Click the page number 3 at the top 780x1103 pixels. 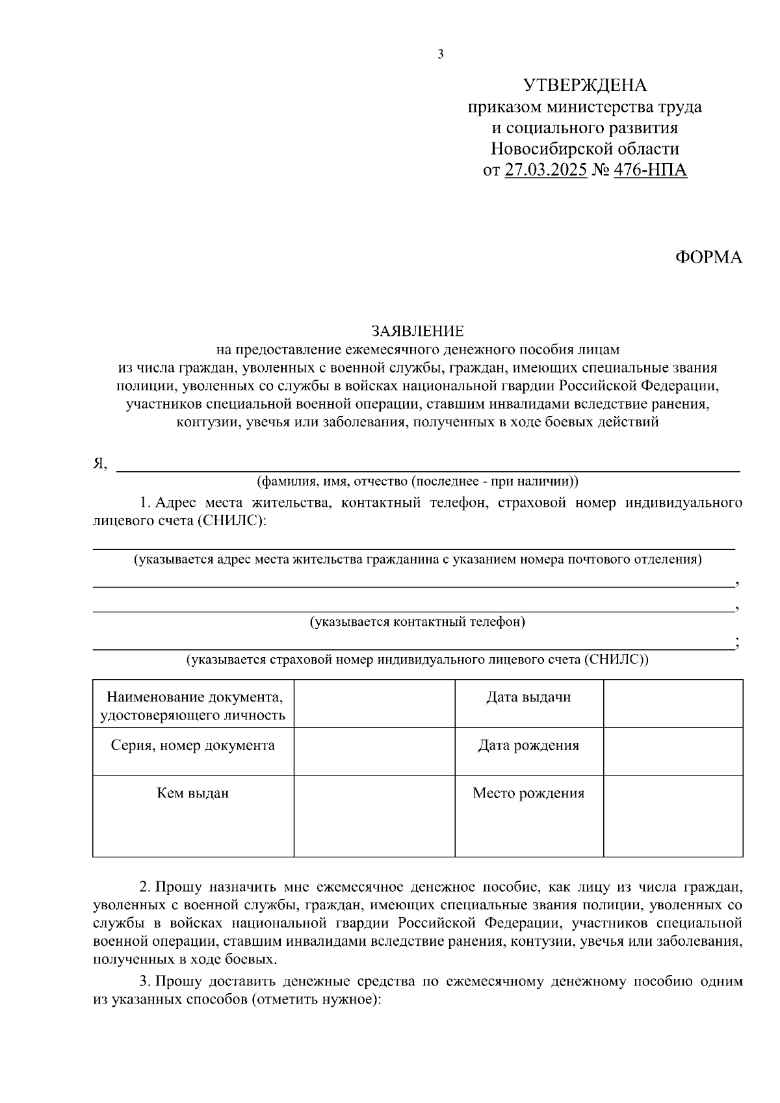[x=441, y=55]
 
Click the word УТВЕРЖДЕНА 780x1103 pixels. [x=585, y=85]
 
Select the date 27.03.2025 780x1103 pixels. [x=545, y=170]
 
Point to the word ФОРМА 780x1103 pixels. [x=708, y=257]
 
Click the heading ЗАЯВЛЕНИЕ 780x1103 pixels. [x=419, y=331]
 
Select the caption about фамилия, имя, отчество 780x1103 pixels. [x=418, y=482]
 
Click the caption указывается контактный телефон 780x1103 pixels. [x=418, y=622]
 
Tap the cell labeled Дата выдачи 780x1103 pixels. [x=528, y=697]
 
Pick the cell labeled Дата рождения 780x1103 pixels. [x=528, y=746]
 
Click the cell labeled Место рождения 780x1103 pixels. [x=528, y=793]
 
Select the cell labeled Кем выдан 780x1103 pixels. [x=193, y=793]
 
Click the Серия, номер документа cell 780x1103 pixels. [x=193, y=746]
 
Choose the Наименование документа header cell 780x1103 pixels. [x=193, y=706]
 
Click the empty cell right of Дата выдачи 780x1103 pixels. [x=673, y=703]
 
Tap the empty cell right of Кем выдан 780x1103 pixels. [x=374, y=816]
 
